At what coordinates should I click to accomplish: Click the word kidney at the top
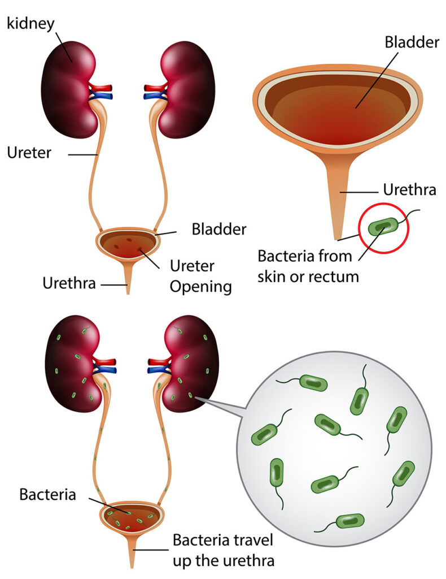click(30, 24)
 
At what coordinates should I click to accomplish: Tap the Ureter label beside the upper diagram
click(29, 153)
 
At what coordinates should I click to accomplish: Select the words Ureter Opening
click(201, 276)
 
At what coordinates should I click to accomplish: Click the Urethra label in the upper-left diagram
click(69, 283)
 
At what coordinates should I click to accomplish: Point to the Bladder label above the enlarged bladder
click(412, 42)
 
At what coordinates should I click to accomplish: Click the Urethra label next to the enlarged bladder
click(409, 189)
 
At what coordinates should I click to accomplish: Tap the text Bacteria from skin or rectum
click(308, 266)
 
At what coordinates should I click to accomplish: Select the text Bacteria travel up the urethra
click(224, 550)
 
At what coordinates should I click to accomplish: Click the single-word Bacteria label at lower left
click(47, 494)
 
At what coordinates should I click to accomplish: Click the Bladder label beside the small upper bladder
click(219, 230)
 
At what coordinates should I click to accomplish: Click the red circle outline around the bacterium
click(384, 204)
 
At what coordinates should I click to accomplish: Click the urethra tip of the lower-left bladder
click(132, 567)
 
